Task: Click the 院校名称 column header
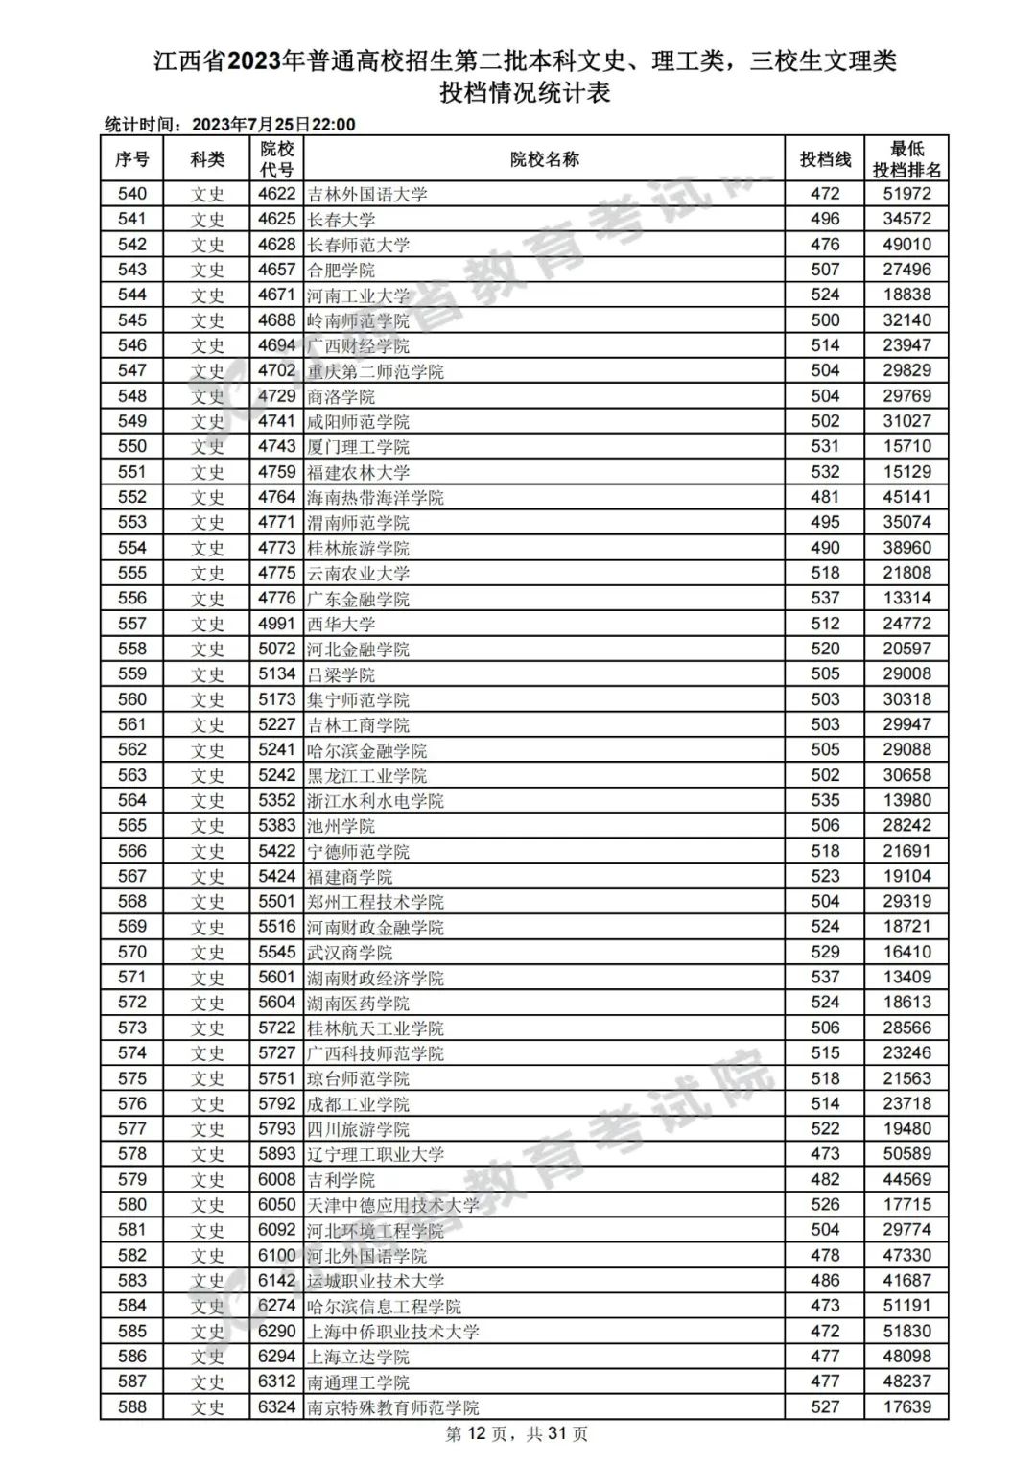pyautogui.click(x=544, y=159)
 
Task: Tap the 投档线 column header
pyautogui.click(x=825, y=159)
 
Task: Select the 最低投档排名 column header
pyautogui.click(x=906, y=159)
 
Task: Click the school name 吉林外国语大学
pyautogui.click(x=367, y=194)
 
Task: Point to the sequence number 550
pyautogui.click(x=132, y=446)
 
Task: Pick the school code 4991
pyautogui.click(x=276, y=624)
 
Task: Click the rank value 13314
pyautogui.click(x=906, y=598)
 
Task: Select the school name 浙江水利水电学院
pyautogui.click(x=375, y=800)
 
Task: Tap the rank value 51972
pyautogui.click(x=906, y=194)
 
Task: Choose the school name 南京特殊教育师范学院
pyautogui.click(x=392, y=1407)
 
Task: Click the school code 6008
pyautogui.click(x=276, y=1179)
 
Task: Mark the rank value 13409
pyautogui.click(x=906, y=977)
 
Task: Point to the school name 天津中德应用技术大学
pyautogui.click(x=392, y=1205)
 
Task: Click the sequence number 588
pyautogui.click(x=132, y=1407)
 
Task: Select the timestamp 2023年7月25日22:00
pyautogui.click(x=273, y=125)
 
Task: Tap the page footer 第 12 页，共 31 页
pyautogui.click(x=517, y=1434)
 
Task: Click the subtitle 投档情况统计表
pyautogui.click(x=525, y=93)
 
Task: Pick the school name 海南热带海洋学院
pyautogui.click(x=375, y=497)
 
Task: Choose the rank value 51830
pyautogui.click(x=906, y=1331)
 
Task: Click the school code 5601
pyautogui.click(x=276, y=977)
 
